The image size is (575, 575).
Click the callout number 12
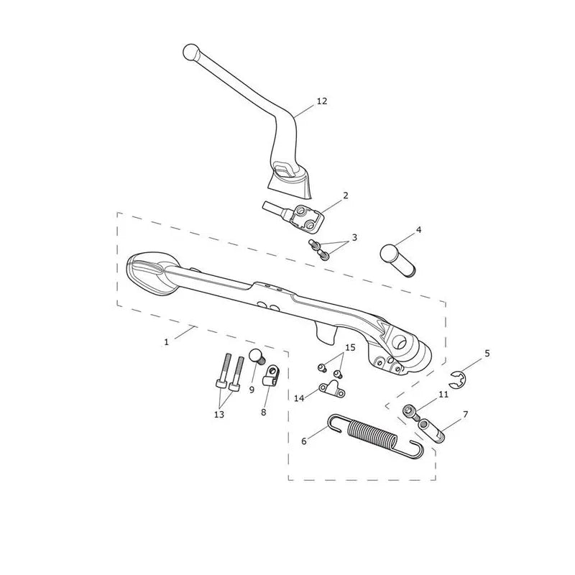321,101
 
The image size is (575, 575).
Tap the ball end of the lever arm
190,52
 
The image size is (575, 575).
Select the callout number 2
346,195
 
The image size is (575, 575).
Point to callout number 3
354,237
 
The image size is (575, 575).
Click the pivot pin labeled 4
397,260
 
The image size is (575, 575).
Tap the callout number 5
487,353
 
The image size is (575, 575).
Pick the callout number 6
303,441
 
